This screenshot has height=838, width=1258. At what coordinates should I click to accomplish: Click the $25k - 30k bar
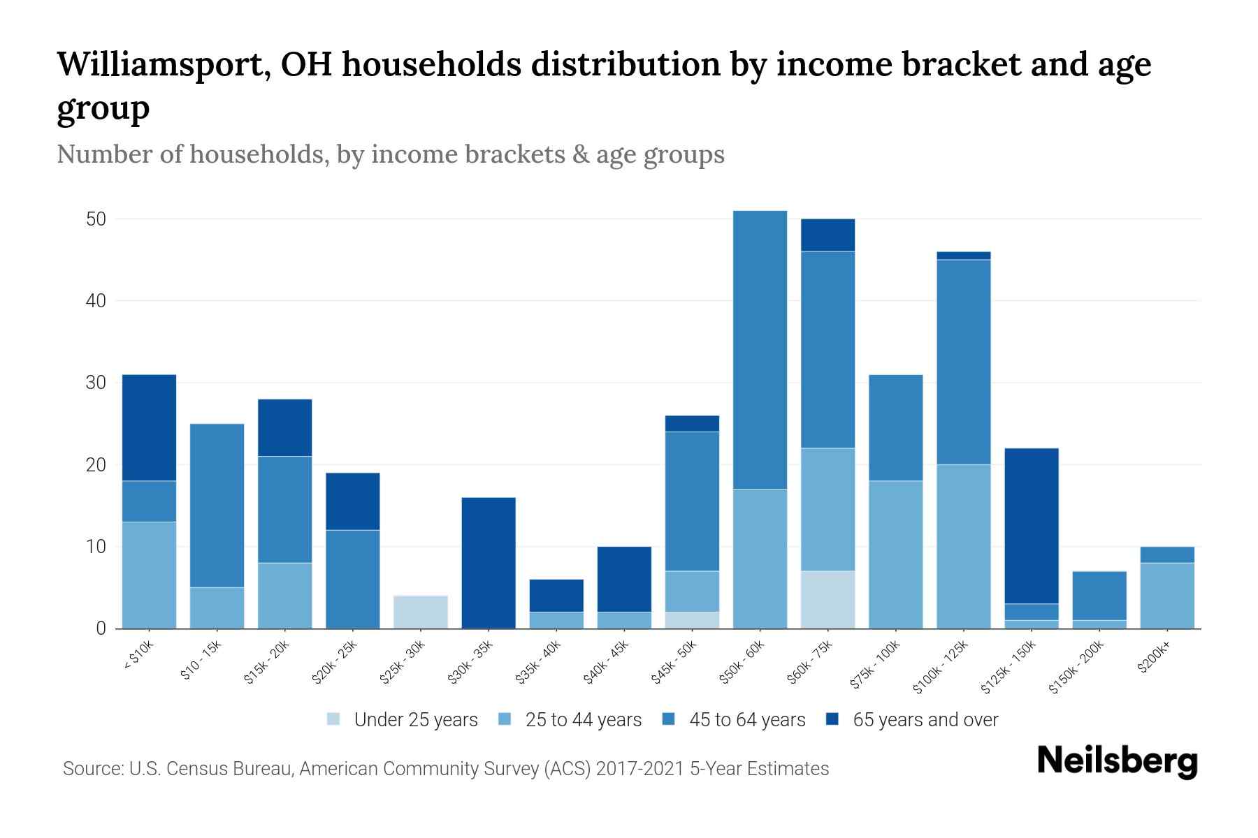[x=421, y=612]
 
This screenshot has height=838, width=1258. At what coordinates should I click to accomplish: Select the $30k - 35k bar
[x=489, y=563]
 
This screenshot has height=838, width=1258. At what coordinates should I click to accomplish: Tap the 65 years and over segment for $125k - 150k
[x=1032, y=526]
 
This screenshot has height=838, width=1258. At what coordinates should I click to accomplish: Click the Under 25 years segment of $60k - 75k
[x=828, y=600]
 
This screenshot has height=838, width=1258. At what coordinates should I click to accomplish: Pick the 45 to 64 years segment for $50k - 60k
[x=760, y=350]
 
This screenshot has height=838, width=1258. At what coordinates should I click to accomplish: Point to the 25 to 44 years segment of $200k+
[x=1167, y=596]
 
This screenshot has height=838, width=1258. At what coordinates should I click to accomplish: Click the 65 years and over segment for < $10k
[x=149, y=428]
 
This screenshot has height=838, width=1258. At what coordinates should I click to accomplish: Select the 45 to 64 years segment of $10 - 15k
[x=217, y=506]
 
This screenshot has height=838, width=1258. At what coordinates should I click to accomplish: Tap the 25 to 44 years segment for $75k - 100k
[x=896, y=554]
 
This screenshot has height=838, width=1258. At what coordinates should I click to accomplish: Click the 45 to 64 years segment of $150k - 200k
[x=1099, y=596]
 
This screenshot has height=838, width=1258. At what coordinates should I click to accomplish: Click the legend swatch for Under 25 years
[x=333, y=719]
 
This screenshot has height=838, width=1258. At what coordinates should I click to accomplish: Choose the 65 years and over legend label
[x=925, y=720]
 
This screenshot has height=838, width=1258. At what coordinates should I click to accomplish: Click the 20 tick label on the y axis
[x=96, y=465]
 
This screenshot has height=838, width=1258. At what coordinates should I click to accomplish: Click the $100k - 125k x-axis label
[x=941, y=667]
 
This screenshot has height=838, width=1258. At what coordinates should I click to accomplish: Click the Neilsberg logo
[x=1118, y=762]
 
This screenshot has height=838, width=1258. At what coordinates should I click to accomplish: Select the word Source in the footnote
[x=91, y=769]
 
